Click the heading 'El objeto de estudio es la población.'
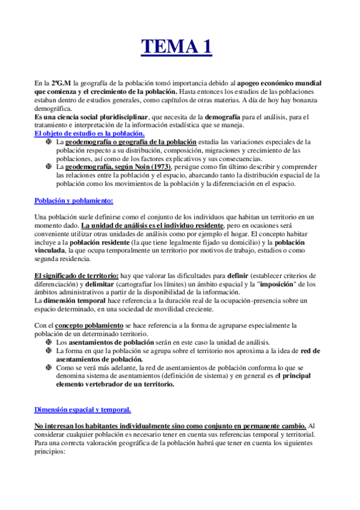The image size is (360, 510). tap(89, 133)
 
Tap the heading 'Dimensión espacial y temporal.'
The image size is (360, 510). tap(82, 410)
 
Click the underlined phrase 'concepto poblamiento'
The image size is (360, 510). tap(90, 325)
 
